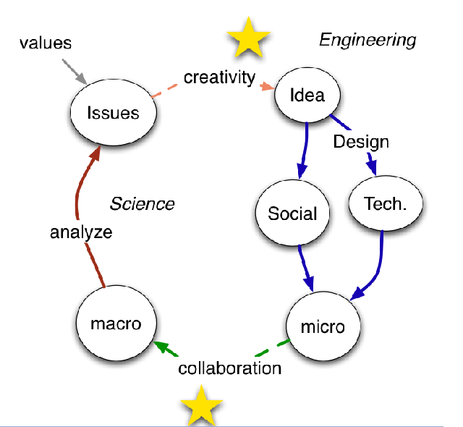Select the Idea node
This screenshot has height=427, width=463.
point(307,96)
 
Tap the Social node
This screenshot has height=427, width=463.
point(293,213)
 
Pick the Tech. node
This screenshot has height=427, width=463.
point(383,204)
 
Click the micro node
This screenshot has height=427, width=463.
point(321,326)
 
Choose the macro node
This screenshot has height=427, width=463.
point(116,324)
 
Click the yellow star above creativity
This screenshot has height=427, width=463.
point(248,39)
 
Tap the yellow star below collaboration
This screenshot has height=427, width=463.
point(201,405)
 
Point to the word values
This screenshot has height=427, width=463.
point(45,43)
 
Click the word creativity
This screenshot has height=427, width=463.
point(219,77)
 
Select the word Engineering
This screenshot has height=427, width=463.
point(368,39)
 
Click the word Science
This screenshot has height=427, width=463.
point(142,203)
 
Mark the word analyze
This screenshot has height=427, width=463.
point(81,232)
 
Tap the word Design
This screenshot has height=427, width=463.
point(360,141)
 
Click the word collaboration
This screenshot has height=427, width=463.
point(229,368)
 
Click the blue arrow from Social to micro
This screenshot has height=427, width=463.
point(305,268)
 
